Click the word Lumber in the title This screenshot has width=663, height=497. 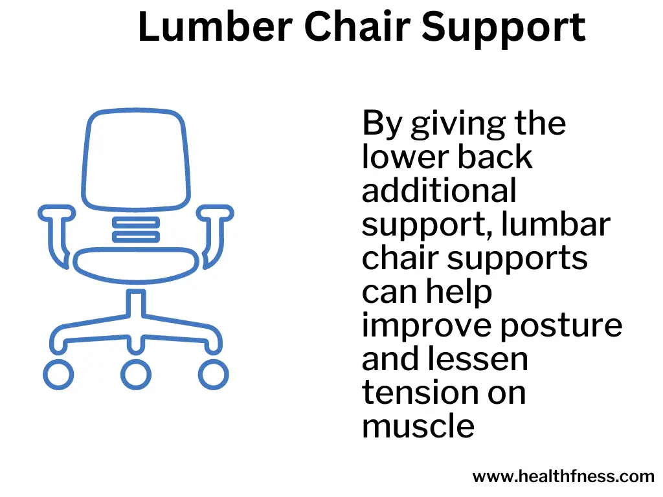215,27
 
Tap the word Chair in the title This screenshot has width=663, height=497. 357,27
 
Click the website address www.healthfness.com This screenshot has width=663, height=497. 563,476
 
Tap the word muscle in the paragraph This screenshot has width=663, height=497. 418,426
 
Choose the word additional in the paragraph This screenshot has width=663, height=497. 440,190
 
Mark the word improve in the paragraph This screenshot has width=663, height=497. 425,327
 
